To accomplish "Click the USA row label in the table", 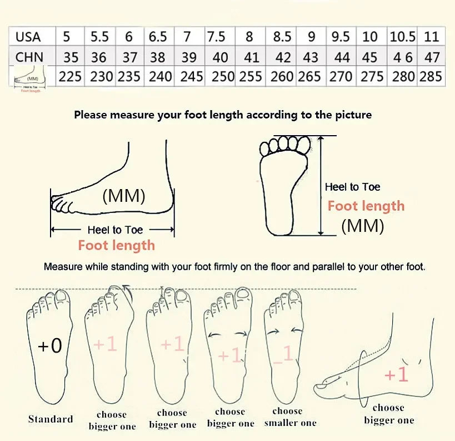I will (28, 37).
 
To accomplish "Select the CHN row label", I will (29, 57).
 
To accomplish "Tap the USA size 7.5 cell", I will (216, 37).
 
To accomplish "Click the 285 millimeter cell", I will (431, 76).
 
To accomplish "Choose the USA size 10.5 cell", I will (402, 37).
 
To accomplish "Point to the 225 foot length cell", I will (70, 76).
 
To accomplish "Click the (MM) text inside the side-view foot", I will (124, 196).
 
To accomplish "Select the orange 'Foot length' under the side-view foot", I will (116, 245).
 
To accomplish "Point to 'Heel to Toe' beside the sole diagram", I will (352, 187).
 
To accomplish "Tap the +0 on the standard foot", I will (50, 346).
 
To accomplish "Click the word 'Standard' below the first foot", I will (51, 419).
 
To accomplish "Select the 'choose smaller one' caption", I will (287, 417).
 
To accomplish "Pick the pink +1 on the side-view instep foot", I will (396, 375).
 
